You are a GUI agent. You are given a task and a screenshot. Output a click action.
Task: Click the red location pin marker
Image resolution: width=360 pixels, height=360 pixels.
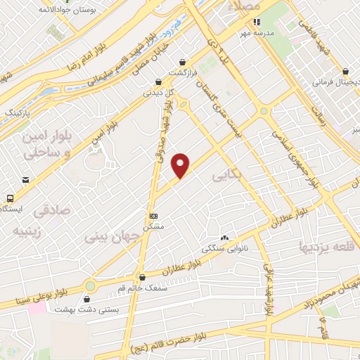[x=181, y=165]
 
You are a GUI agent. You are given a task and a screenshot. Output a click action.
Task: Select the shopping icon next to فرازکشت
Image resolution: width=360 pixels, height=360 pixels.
[x=182, y=62]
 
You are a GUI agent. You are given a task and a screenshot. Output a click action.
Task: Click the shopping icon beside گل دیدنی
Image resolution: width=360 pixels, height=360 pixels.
[x=167, y=81]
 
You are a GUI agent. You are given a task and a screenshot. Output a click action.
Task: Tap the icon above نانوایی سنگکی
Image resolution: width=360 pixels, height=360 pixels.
[x=224, y=238]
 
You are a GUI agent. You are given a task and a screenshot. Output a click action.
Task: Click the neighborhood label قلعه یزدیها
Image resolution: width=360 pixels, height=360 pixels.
[x=328, y=246]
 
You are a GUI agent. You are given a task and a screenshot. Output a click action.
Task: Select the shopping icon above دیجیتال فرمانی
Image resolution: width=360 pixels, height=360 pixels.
[x=346, y=71]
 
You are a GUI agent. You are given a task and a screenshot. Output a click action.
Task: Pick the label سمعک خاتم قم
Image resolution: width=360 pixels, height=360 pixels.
[x=144, y=288]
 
